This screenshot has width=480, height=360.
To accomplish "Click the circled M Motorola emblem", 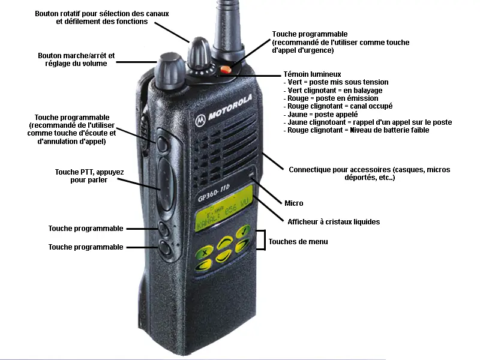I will tap(200, 119).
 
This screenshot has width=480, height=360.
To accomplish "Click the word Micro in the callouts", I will tap(294, 203).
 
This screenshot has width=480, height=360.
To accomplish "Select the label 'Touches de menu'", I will tap(298, 242).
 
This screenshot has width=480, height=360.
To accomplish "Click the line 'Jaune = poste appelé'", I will tap(323, 114).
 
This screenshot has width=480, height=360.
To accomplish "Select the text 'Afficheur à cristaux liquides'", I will tap(334, 222).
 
